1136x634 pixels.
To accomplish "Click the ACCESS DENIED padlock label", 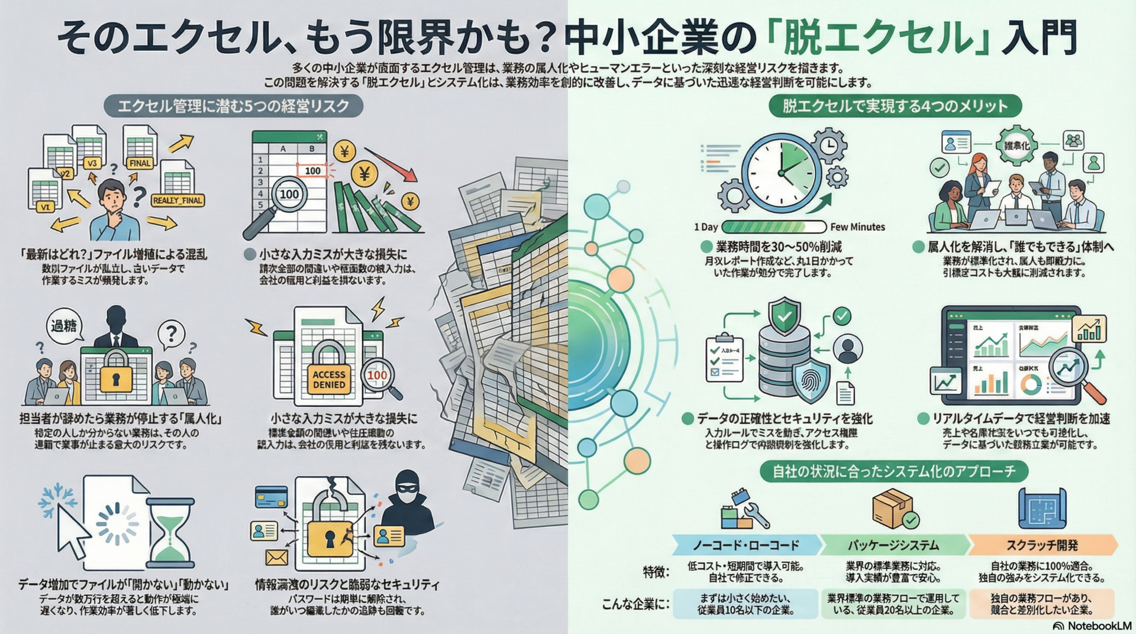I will coord(329,379).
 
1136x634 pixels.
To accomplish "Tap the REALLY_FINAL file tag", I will coord(177,200).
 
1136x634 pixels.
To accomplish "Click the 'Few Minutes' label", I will coord(857,227).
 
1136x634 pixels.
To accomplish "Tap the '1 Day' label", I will coord(705,227).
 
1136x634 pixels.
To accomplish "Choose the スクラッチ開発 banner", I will coord(1042,545).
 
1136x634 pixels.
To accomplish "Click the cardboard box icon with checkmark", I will coord(894,508).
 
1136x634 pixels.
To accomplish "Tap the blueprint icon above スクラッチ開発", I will coord(1041,508).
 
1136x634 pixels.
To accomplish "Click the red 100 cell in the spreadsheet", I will coord(312,171).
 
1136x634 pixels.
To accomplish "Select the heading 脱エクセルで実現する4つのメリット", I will coord(895,106).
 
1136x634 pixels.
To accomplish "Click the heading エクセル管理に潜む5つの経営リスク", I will coord(233,106).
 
